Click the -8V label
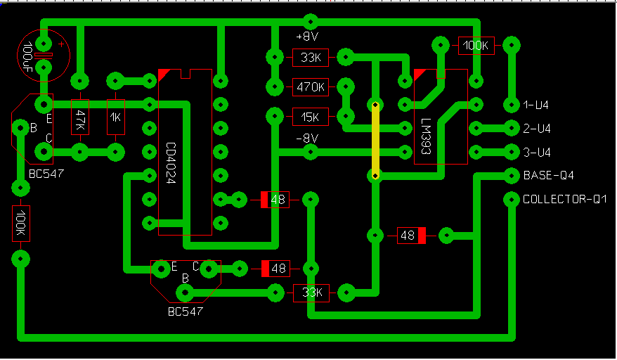tap(307, 139)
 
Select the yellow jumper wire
tap(376, 140)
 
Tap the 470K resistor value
tap(310, 87)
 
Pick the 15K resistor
tap(310, 116)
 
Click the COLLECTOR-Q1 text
tap(564, 200)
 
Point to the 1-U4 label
tap(536, 105)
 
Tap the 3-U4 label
tap(536, 152)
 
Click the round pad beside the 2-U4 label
tap(511, 128)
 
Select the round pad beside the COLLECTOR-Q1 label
tap(511, 200)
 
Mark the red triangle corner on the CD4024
tap(164, 73)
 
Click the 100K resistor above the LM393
tap(476, 46)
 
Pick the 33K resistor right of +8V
tap(310, 58)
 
